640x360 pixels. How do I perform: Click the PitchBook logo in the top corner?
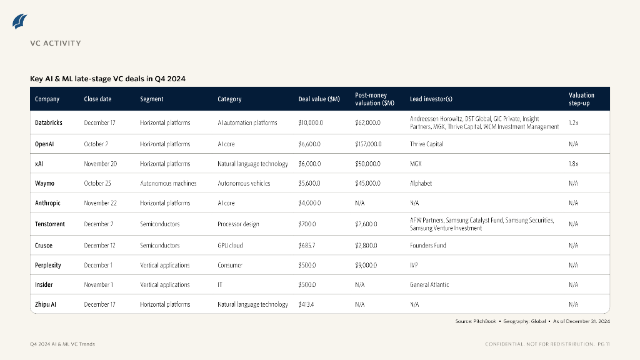click(20, 21)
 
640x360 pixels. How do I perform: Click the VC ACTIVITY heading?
click(56, 43)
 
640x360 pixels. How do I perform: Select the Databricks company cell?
click(49, 122)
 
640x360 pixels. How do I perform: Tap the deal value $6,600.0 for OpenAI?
click(310, 144)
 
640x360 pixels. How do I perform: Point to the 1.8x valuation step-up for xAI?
click(574, 164)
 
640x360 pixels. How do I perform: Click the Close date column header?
click(97, 99)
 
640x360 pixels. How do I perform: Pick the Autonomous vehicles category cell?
click(242, 183)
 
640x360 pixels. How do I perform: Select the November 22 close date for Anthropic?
click(101, 203)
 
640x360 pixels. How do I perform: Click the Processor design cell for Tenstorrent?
click(238, 224)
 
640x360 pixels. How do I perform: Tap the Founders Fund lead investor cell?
click(428, 246)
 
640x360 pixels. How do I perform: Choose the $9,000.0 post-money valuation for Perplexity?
click(366, 265)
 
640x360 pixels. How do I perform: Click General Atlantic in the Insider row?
click(429, 284)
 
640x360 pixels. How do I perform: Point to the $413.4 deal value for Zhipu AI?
click(307, 304)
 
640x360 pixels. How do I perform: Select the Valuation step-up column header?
click(581, 99)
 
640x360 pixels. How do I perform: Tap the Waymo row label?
click(44, 183)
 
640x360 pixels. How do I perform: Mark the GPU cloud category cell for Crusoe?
click(231, 246)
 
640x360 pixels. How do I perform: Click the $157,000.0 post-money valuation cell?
click(368, 144)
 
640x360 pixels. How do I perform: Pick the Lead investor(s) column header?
click(431, 99)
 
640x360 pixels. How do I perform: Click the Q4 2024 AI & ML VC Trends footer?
click(62, 344)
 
